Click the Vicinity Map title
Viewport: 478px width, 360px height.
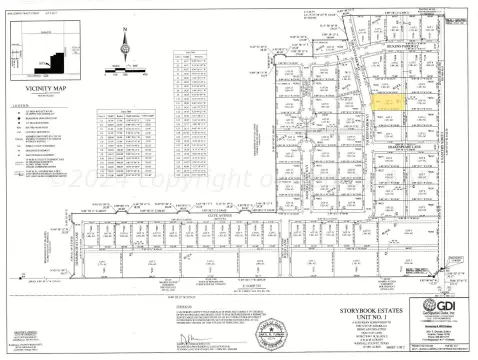coord(46,88)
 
